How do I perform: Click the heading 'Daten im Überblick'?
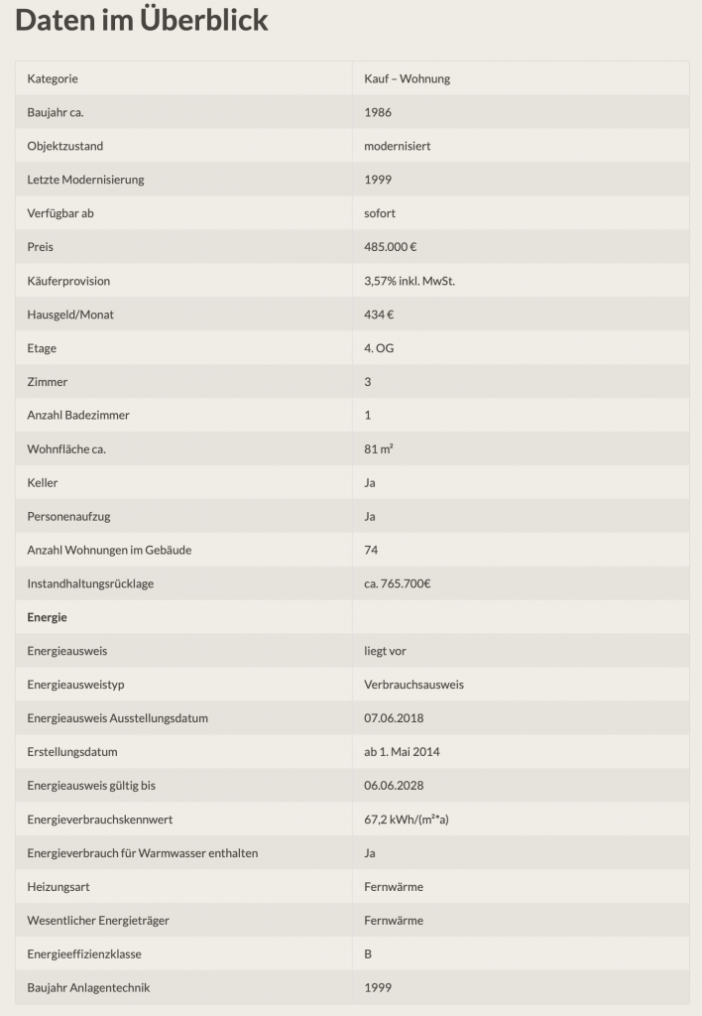(142, 20)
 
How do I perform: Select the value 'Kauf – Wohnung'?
(407, 78)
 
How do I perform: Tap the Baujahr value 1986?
(378, 112)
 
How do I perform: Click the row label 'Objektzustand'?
(65, 146)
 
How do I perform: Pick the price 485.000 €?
(391, 247)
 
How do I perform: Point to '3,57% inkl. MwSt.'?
(409, 281)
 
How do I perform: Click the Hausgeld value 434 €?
(380, 315)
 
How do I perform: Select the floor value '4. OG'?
(380, 348)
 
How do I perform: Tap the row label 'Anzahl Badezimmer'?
(78, 415)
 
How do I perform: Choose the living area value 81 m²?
(379, 448)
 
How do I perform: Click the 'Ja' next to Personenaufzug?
(370, 516)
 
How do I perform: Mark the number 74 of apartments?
(371, 550)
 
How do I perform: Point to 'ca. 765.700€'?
(398, 583)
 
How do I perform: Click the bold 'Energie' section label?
(48, 617)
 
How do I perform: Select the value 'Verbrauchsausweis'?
(413, 685)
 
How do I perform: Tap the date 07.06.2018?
(394, 718)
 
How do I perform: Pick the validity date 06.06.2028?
(394, 786)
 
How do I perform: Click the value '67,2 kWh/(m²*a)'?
(406, 820)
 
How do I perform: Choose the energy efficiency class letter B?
(369, 954)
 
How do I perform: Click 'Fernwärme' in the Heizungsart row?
(394, 887)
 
